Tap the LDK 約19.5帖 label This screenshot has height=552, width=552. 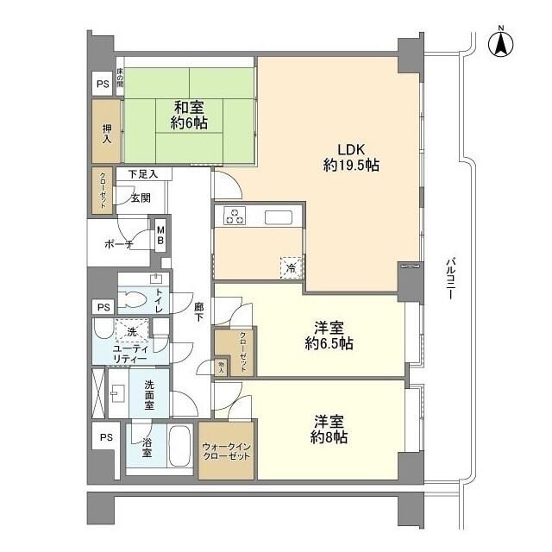coord(351,156)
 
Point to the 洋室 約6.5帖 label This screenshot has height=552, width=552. coord(329,335)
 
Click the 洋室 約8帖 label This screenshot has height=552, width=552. coord(329,430)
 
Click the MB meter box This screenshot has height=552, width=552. coord(160,235)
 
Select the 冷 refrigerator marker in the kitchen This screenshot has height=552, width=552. coord(292,267)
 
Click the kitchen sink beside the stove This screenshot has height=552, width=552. coord(280,216)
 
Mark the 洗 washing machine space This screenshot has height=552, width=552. coord(132,331)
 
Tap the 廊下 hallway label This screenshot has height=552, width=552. coord(199,310)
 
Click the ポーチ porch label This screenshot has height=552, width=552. coord(117,245)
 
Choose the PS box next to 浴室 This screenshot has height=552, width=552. coord(105,437)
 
